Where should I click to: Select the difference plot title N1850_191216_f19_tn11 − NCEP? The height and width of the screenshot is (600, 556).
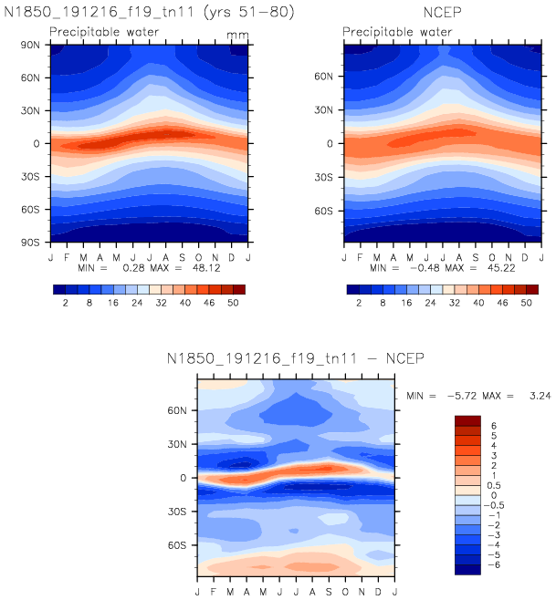296,357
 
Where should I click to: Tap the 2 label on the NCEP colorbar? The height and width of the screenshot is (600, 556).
361,303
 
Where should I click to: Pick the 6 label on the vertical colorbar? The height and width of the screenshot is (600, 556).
494,426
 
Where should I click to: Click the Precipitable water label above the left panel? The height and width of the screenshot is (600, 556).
104,33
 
